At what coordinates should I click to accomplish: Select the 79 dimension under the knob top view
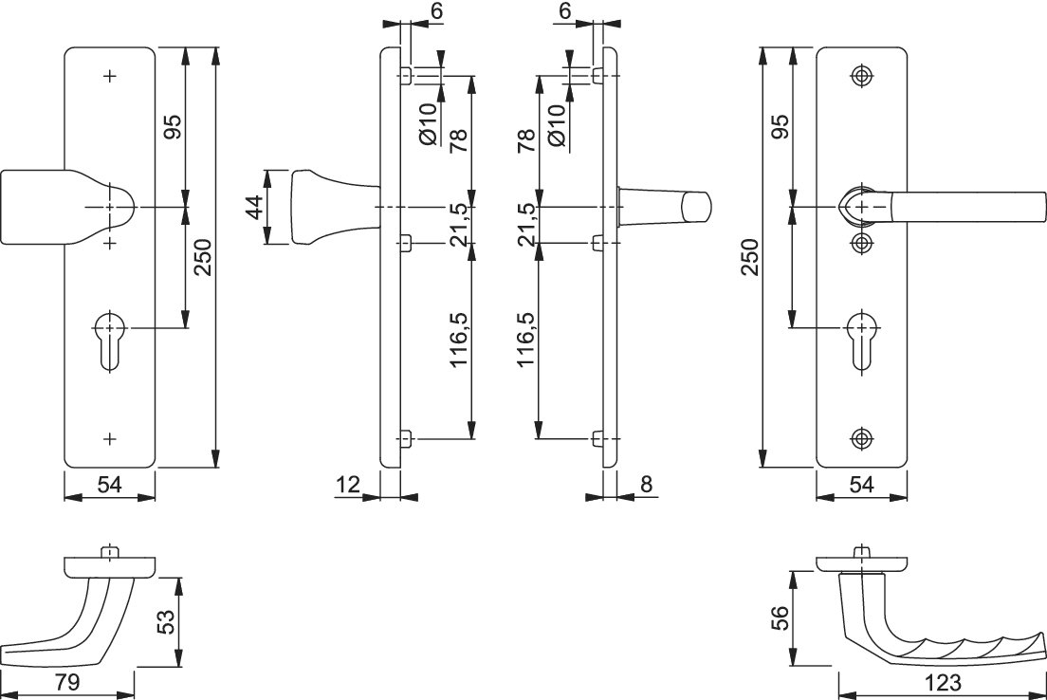coord(65,682)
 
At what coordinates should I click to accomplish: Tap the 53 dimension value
coord(166,623)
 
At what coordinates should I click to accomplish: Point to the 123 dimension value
coord(942,682)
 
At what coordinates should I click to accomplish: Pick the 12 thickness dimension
coord(348,485)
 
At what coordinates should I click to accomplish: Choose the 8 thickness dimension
coord(646,485)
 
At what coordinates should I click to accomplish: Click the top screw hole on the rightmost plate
coord(861,75)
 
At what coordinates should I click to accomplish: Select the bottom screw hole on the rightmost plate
coord(861,437)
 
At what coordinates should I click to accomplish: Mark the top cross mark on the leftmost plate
coord(110,75)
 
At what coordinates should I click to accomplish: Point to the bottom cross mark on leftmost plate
coord(110,438)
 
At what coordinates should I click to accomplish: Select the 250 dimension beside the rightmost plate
coord(750,257)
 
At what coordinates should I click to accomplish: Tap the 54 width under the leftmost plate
coord(109,485)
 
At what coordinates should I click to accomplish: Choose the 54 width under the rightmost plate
coord(861,485)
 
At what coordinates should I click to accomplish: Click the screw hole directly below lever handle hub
coord(861,243)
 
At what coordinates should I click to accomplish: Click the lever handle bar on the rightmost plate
coord(958,207)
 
